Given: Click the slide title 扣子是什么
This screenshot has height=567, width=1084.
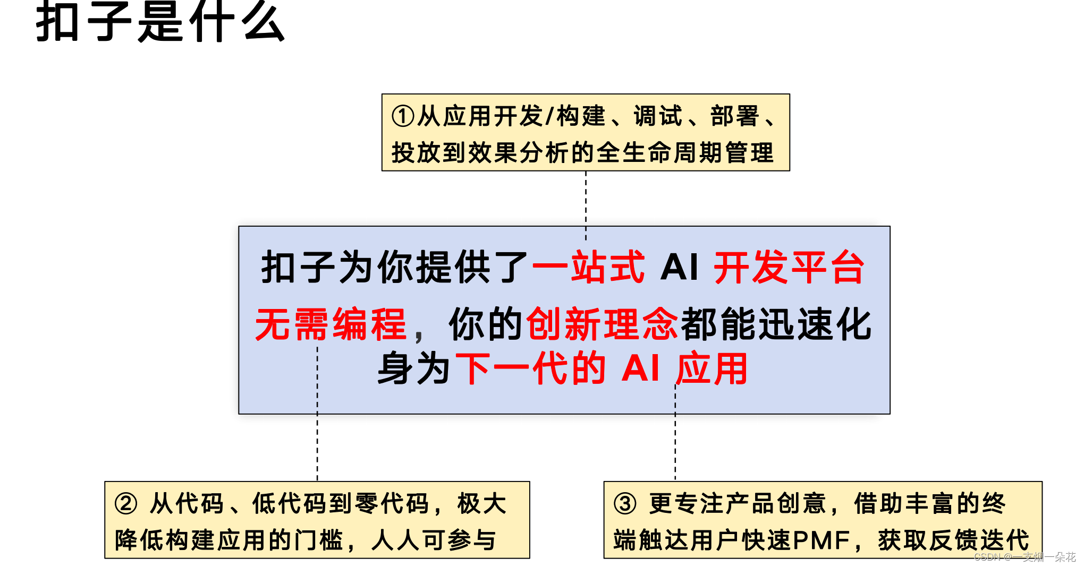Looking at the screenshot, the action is [160, 22].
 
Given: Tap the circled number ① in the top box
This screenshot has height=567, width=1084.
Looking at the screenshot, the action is [403, 116].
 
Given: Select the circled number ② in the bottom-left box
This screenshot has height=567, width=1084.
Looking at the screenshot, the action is [126, 503].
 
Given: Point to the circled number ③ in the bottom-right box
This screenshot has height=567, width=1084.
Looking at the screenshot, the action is [625, 503].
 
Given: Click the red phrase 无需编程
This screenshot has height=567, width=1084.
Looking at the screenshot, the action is [331, 324].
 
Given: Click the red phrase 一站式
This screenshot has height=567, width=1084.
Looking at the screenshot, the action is [588, 267].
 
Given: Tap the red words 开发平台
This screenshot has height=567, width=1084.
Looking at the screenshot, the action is [789, 267].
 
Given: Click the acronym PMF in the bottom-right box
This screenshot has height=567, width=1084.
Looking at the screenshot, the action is [822, 540].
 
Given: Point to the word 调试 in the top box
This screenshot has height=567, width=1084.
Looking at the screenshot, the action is [658, 116].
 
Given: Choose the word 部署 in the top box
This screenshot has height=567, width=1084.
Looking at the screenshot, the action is [734, 116].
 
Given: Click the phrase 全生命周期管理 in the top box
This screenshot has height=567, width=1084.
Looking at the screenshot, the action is [685, 153].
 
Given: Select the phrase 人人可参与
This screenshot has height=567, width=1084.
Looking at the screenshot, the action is [434, 540].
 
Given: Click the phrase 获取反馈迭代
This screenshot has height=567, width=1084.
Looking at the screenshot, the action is [953, 540].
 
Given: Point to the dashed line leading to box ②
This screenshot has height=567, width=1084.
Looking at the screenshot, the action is [317, 446].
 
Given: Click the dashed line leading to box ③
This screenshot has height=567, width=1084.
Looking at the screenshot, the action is [675, 446].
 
